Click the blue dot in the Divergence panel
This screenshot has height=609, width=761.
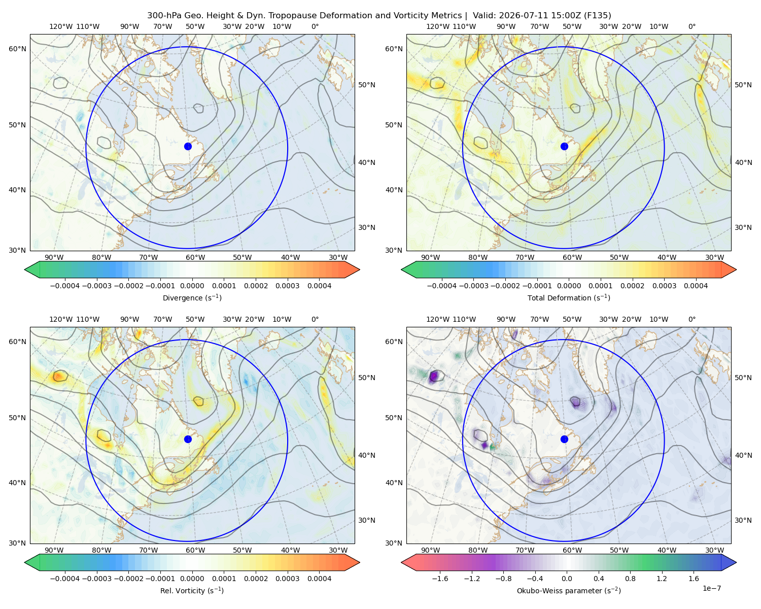[x=188, y=147]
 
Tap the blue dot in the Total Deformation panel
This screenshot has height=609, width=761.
[x=564, y=147]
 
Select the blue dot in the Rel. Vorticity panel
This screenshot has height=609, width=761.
[x=188, y=439]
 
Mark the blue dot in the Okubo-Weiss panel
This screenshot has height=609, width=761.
[x=564, y=439]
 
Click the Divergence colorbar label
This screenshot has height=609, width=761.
[x=192, y=298]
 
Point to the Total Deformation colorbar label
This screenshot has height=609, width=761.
[x=569, y=298]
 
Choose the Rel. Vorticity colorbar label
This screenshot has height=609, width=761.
[x=192, y=591]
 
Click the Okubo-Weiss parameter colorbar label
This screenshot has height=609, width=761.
[x=569, y=591]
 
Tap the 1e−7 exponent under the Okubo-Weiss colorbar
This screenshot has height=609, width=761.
[x=711, y=588]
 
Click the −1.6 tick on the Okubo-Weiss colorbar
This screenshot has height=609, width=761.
[x=440, y=579]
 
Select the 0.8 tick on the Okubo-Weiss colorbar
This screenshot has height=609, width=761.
[x=630, y=579]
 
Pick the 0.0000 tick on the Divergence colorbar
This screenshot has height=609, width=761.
[x=192, y=286]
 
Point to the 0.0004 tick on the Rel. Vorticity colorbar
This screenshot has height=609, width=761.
[x=319, y=579]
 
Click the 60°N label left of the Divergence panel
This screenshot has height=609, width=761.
[x=17, y=49]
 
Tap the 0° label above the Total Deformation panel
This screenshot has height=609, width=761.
[x=692, y=26]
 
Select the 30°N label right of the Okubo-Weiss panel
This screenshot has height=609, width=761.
[x=743, y=520]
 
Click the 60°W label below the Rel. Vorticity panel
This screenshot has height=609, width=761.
[x=195, y=550]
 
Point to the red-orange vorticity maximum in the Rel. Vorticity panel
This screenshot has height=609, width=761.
[x=59, y=376]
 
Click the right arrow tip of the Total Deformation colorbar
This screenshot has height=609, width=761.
[x=736, y=269]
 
